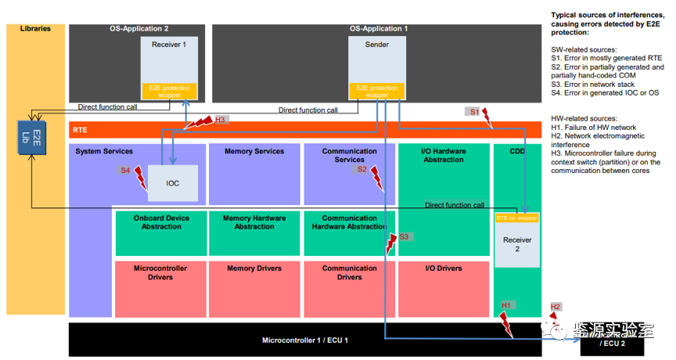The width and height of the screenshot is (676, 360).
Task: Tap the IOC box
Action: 173,183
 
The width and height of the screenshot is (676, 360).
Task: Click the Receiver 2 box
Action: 516,245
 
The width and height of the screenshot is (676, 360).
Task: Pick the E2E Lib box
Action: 31,138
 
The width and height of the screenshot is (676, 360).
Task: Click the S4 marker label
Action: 125,170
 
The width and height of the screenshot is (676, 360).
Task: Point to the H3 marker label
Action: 221,120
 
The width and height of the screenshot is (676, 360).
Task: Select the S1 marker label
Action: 474,112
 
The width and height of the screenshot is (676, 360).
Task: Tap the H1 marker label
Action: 505,304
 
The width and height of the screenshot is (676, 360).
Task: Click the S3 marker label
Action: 404,236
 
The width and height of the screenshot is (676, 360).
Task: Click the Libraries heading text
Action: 35,29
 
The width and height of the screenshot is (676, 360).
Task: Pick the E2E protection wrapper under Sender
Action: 376,92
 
